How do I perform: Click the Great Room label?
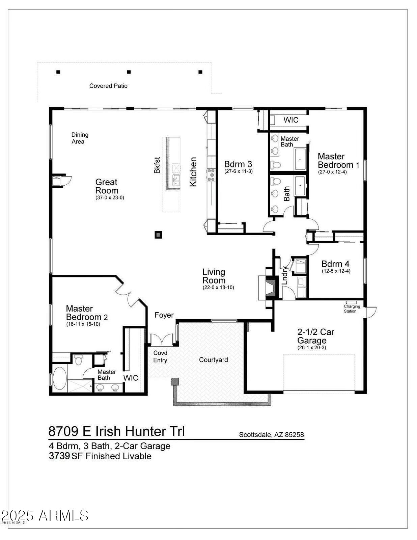tap(106, 186)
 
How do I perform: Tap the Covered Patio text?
tap(108, 86)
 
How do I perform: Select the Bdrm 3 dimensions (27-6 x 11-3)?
tap(238, 171)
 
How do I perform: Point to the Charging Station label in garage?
tap(352, 308)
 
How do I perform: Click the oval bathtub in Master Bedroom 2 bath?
tap(60, 378)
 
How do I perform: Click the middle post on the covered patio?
tap(129, 72)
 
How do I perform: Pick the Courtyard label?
tap(213, 360)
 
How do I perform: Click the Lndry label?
tap(285, 275)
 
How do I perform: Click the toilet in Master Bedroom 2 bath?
tap(78, 360)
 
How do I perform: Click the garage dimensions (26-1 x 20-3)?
tap(311, 348)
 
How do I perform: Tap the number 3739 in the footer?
tap(59, 456)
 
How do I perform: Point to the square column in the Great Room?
tap(158, 235)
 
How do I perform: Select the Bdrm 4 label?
tap(335, 264)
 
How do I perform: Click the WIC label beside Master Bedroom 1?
tap(290, 120)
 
